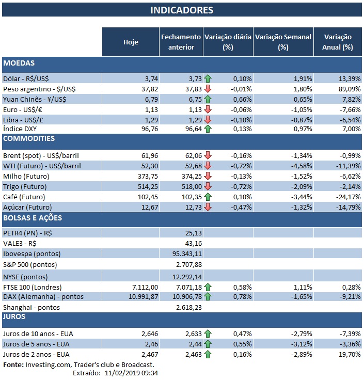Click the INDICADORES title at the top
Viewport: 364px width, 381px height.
(x=181, y=10)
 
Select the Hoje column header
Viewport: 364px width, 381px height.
(x=131, y=42)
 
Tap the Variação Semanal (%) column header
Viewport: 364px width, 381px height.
(x=283, y=42)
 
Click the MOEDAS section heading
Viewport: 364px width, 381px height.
(x=19, y=63)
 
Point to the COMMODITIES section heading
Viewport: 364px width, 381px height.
(x=29, y=139)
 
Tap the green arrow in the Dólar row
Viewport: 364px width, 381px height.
(x=208, y=79)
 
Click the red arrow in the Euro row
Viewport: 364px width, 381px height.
(x=208, y=109)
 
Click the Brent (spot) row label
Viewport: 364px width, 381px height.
(x=41, y=155)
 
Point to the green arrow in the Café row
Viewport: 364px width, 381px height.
(x=208, y=197)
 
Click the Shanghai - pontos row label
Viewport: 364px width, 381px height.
(x=31, y=307)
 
